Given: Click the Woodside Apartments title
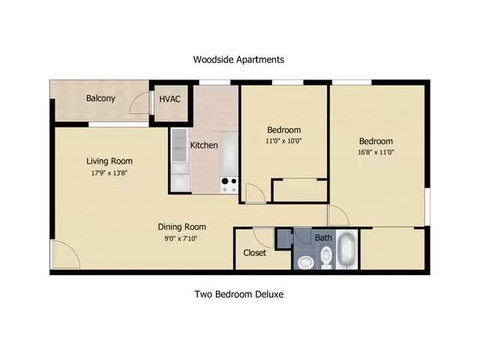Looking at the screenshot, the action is (238, 59).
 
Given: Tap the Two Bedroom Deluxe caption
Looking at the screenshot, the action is (239, 294).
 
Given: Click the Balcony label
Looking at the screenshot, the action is (100, 98).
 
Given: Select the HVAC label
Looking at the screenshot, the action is (169, 99).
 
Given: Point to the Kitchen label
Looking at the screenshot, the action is (204, 145).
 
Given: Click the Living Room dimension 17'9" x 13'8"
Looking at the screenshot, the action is (109, 173).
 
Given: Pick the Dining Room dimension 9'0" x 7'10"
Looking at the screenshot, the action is (181, 238).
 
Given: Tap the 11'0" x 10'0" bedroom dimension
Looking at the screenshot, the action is (283, 141).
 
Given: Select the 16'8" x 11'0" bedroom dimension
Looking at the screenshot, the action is (376, 152).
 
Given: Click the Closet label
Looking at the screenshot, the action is (254, 253).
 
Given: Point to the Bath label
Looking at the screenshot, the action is (323, 238).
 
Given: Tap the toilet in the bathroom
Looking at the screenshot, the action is (326, 257).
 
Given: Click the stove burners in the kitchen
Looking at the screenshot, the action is (229, 184).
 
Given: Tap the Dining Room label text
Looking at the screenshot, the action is (181, 226).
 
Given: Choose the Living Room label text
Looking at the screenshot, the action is (109, 161).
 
